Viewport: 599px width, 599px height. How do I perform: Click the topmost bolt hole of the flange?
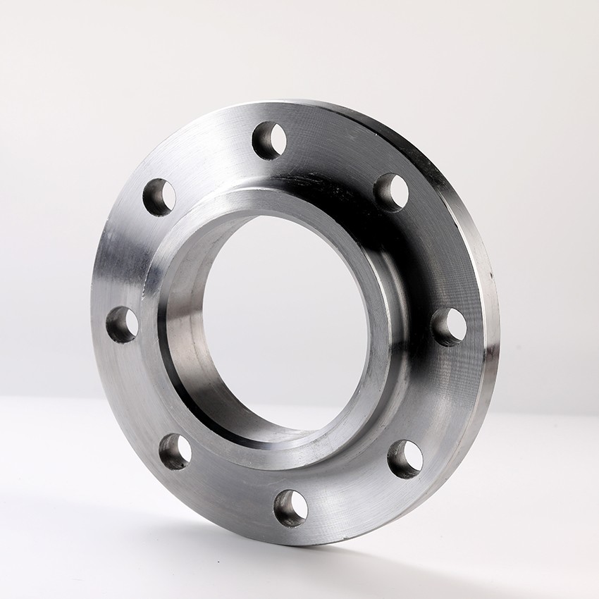pyautogui.click(x=269, y=140)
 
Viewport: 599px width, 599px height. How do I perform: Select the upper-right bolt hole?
pyautogui.click(x=391, y=192)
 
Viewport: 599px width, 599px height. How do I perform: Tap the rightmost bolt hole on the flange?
pyautogui.click(x=448, y=326)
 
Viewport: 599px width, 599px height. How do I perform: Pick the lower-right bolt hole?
pyautogui.click(x=405, y=459)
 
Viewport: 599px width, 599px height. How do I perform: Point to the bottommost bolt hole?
pyautogui.click(x=290, y=508)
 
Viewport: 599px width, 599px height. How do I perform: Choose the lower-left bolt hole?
pyautogui.click(x=175, y=452)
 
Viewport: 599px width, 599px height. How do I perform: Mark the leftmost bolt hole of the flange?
pyautogui.click(x=122, y=325)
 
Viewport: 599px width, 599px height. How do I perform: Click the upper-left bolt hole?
pyautogui.click(x=159, y=197)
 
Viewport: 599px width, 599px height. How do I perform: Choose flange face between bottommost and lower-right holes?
pyautogui.click(x=352, y=497)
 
